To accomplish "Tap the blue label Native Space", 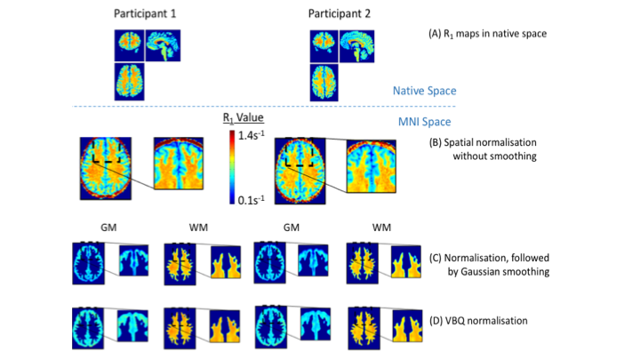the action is [x=425, y=90].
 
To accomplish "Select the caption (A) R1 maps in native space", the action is [x=487, y=34].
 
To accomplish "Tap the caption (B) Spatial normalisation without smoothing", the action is [x=487, y=150].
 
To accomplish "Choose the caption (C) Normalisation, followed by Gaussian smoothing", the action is [x=491, y=265].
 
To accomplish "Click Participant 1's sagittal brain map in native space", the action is [x=165, y=46].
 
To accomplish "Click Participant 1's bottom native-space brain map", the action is [x=131, y=81].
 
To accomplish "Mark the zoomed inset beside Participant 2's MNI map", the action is [x=372, y=164].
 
